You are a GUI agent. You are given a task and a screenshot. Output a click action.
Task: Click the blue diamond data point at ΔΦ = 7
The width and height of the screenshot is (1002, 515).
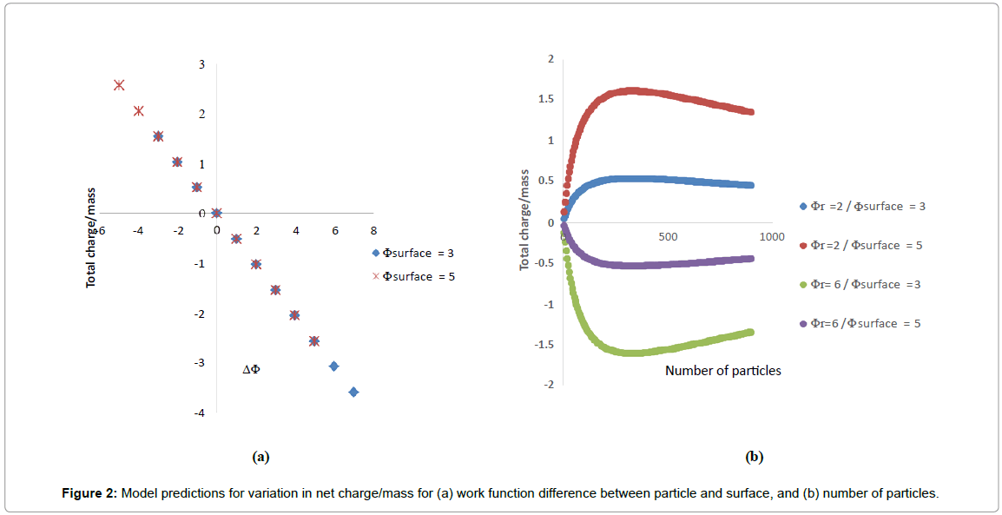click(x=353, y=393)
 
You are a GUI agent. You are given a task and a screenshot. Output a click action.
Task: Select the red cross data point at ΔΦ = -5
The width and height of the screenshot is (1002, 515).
click(x=119, y=85)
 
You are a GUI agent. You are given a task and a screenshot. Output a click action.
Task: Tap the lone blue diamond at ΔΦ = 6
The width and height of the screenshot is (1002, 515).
click(x=333, y=366)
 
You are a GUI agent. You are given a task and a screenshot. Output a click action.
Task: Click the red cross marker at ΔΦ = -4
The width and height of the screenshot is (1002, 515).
click(x=138, y=110)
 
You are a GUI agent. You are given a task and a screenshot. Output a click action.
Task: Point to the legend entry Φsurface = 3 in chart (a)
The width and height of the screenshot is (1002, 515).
click(x=412, y=254)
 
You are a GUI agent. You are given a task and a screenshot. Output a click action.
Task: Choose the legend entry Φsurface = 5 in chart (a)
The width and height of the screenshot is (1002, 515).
click(x=412, y=276)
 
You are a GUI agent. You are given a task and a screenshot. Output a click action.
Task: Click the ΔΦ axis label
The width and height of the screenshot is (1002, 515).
click(x=251, y=370)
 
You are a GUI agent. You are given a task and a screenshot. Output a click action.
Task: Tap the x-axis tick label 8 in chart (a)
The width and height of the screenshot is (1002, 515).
click(x=373, y=230)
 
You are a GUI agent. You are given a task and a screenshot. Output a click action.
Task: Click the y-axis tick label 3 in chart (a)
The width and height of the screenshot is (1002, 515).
click(x=201, y=64)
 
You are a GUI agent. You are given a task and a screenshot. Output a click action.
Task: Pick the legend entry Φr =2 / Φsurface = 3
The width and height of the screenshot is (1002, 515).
click(x=861, y=207)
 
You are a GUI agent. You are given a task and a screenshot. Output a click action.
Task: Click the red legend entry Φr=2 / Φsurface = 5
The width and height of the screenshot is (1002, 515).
click(x=861, y=245)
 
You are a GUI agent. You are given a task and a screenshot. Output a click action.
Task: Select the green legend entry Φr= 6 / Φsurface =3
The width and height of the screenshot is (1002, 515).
click(x=861, y=285)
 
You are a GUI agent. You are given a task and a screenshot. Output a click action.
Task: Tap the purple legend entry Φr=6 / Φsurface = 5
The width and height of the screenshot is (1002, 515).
click(x=861, y=324)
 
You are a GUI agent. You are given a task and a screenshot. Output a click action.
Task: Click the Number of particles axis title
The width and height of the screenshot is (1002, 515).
click(x=723, y=371)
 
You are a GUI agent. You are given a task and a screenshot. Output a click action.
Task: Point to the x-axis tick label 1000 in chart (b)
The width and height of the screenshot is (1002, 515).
click(x=772, y=237)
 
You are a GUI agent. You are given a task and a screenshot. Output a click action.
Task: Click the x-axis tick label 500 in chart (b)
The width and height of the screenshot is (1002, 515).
click(x=667, y=237)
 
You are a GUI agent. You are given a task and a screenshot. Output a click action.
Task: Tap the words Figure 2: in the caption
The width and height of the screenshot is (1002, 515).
click(x=89, y=493)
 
